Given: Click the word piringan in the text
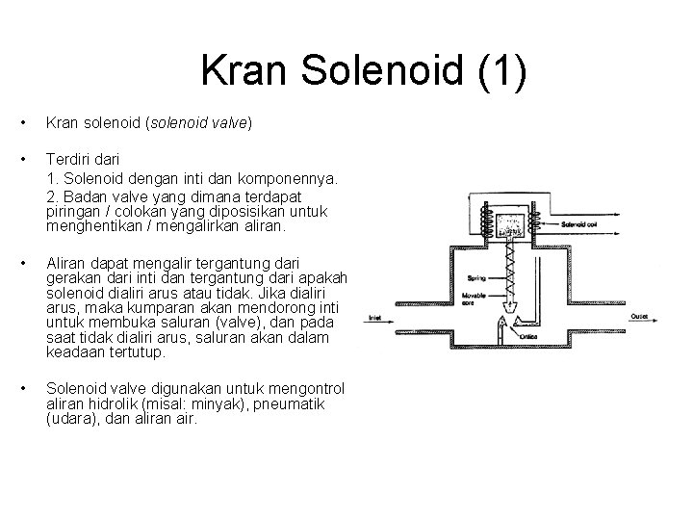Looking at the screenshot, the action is click(72, 211).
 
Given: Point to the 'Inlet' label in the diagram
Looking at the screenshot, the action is click(376, 317).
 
